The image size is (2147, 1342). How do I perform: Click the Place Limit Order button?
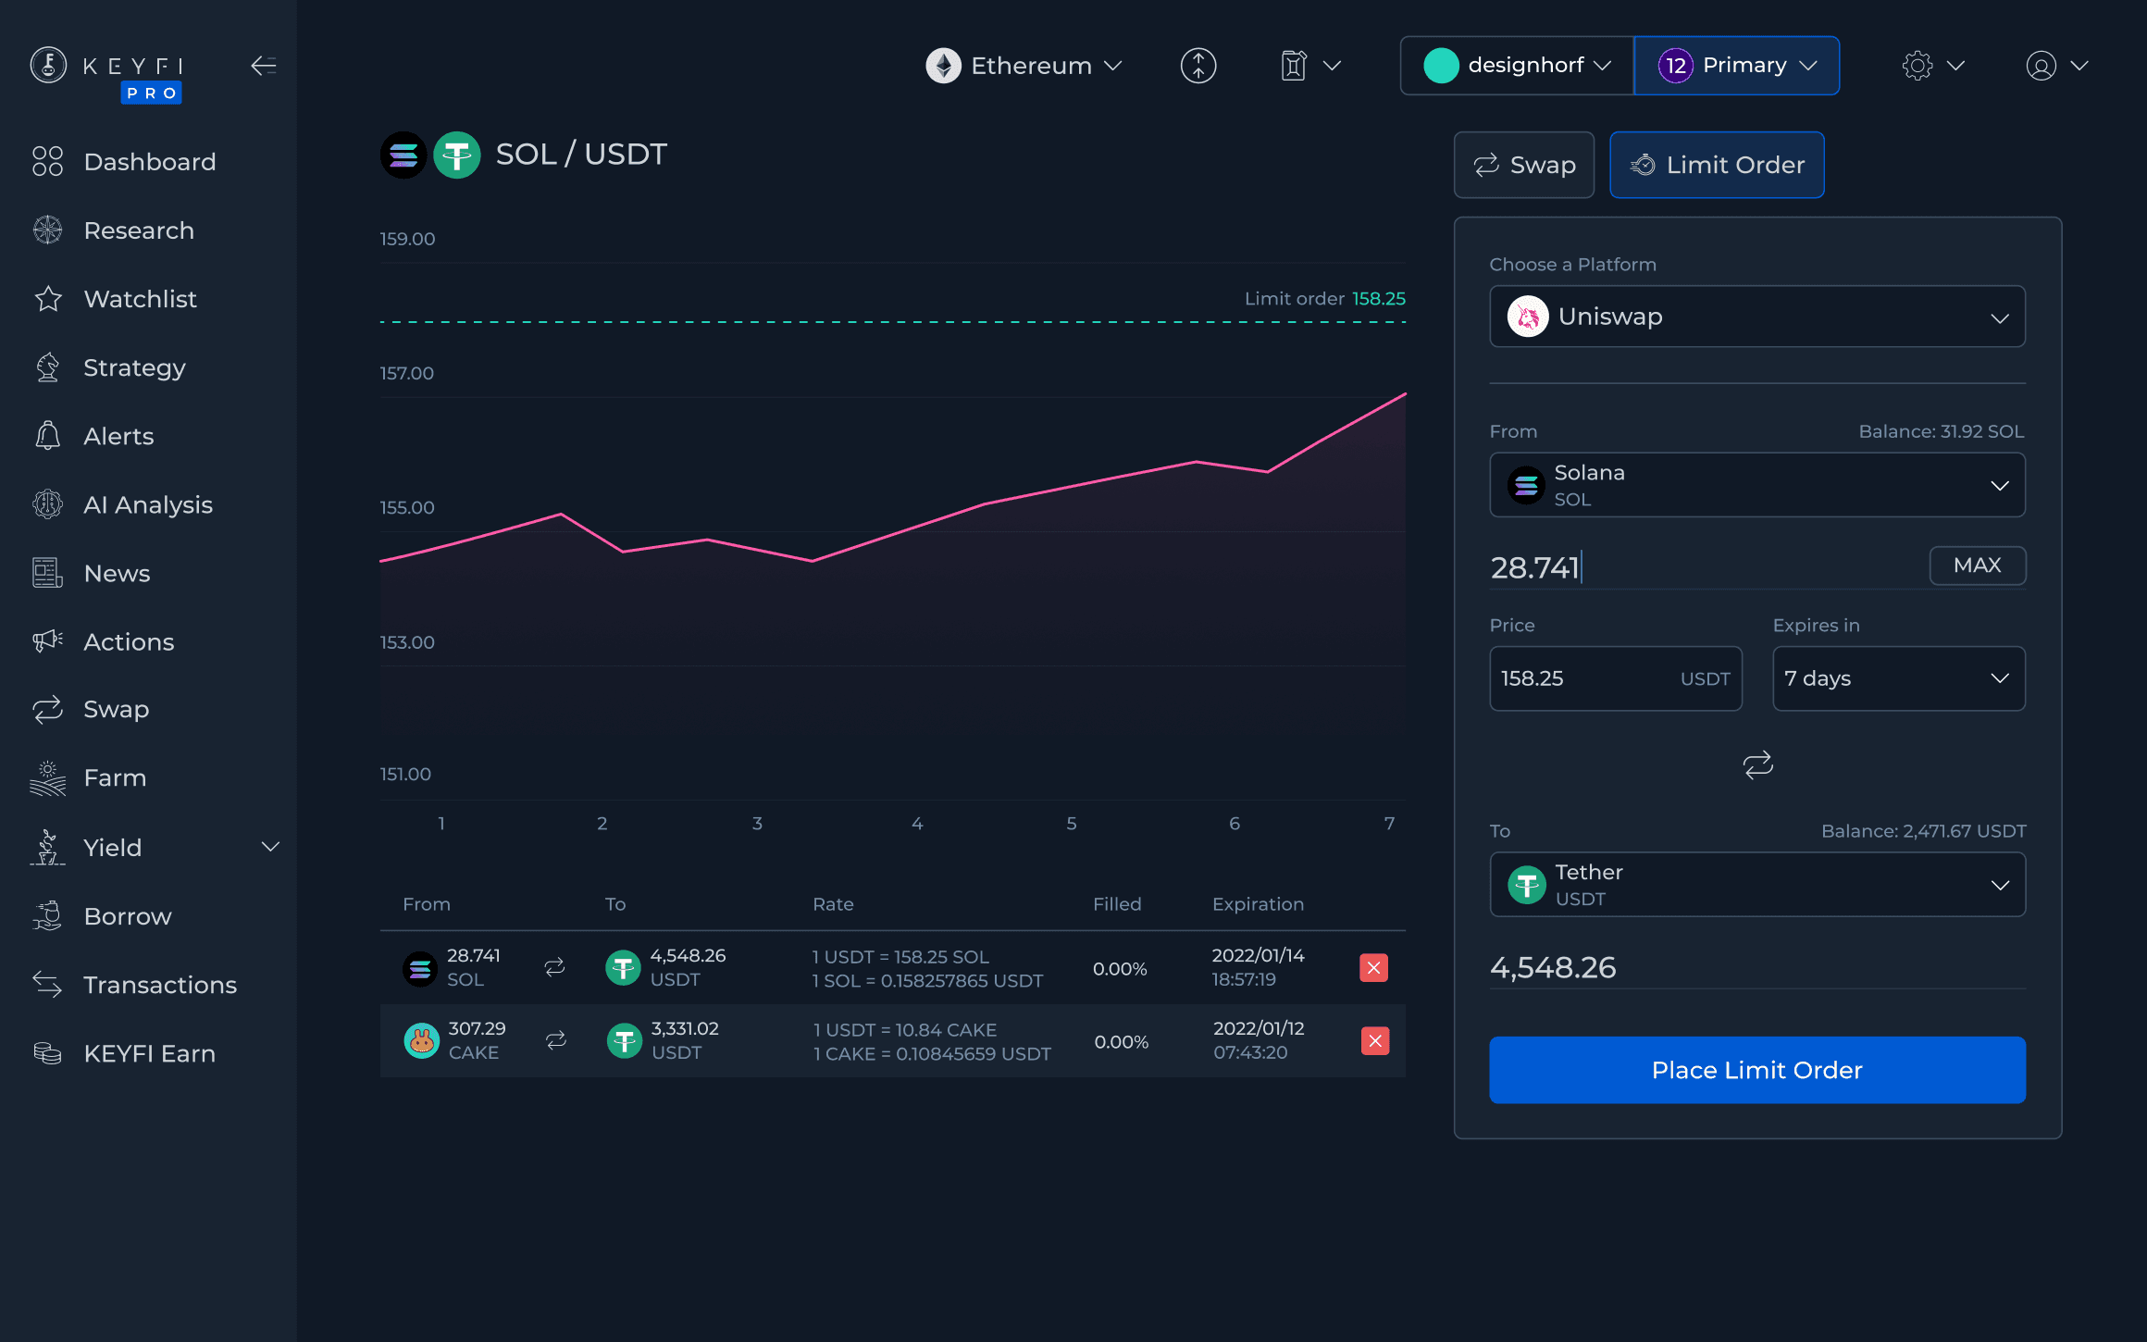(1756, 1070)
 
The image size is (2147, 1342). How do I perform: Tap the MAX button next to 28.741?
(1977, 565)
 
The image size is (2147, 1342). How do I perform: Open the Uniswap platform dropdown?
(1756, 317)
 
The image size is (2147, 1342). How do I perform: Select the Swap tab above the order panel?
(1523, 165)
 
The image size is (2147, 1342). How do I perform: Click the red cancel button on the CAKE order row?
(1374, 1041)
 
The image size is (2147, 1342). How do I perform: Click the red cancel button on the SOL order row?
(1373, 968)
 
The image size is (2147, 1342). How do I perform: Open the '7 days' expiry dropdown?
(1897, 678)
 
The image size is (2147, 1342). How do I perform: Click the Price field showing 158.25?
(1582, 678)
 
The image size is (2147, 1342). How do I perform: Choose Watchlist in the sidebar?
(140, 299)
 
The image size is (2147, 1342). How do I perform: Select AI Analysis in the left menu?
(147, 504)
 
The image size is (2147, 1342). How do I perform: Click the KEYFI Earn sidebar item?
(149, 1053)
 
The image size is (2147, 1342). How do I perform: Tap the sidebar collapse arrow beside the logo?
(264, 66)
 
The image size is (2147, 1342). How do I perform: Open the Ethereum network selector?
(1024, 66)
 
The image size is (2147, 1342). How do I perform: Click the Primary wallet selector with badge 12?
(1736, 66)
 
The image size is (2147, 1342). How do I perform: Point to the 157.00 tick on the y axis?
(406, 373)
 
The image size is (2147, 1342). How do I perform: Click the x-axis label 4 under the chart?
(916, 823)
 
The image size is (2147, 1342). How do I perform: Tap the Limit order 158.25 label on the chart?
(1324, 299)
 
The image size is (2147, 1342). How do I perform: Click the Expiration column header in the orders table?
(1258, 904)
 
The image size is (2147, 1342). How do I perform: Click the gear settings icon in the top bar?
(1917, 66)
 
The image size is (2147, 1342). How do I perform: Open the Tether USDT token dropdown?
(1756, 885)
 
